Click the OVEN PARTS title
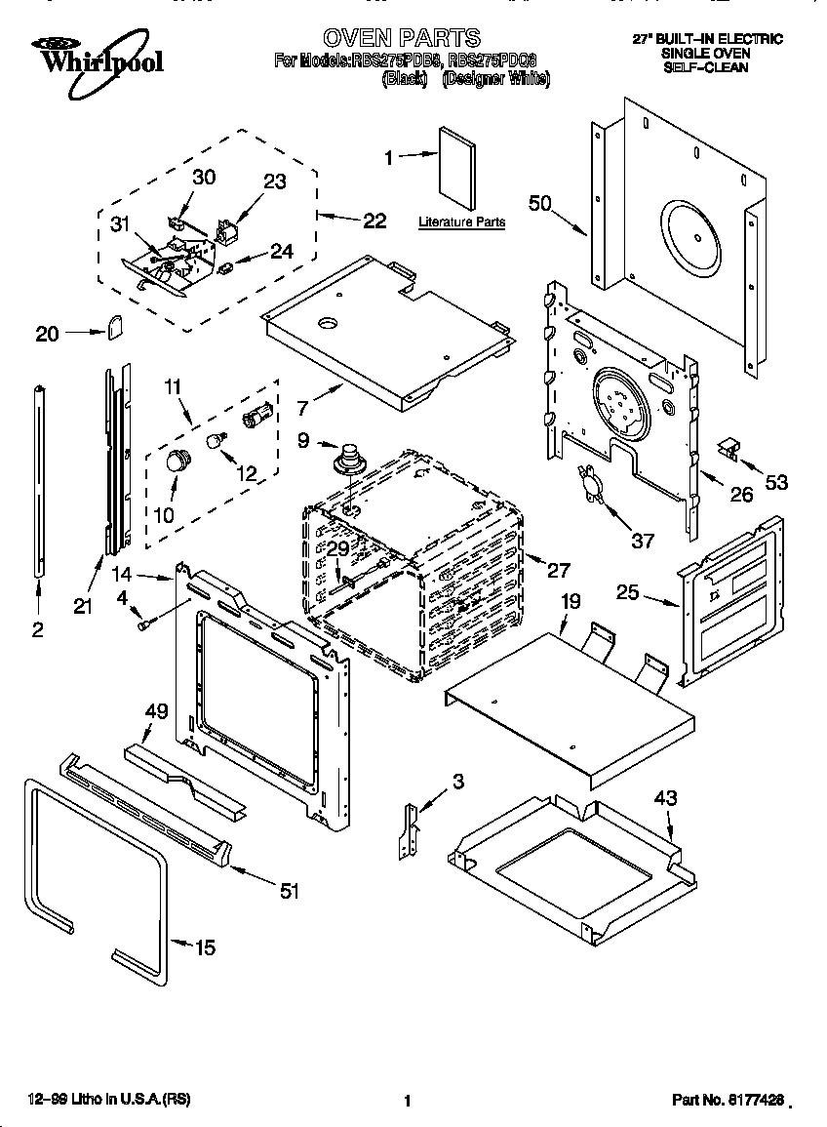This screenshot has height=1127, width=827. [401, 38]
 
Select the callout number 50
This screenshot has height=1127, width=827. [540, 203]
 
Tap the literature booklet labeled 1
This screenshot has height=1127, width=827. [456, 168]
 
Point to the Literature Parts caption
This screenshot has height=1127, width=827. [461, 222]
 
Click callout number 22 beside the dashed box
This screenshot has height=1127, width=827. [374, 221]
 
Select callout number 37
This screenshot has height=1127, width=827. [642, 541]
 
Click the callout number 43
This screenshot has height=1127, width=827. [665, 797]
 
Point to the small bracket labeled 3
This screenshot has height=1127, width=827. [411, 828]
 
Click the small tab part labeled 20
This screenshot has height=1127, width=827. [114, 326]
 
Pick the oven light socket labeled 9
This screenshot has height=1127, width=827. [347, 458]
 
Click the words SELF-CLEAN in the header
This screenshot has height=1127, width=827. [706, 68]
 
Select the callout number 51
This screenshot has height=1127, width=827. [289, 890]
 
